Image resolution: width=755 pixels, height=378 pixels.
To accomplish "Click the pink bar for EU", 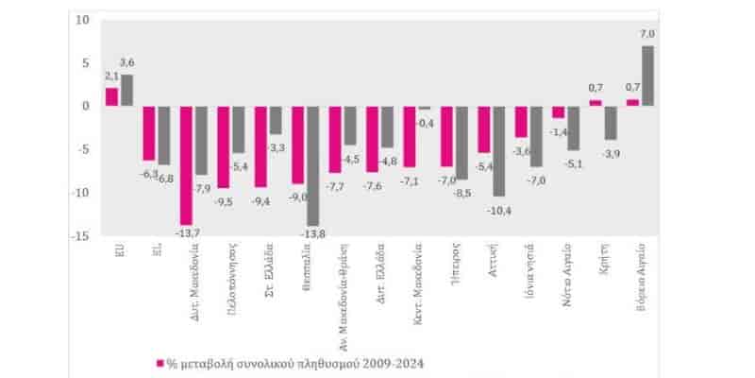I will [111, 96].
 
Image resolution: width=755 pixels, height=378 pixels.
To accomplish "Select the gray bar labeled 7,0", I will [647, 77].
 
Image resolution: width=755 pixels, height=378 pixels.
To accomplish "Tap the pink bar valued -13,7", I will [186, 164].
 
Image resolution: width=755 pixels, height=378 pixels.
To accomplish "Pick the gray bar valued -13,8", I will [312, 165].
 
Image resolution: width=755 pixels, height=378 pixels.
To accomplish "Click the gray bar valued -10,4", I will [498, 150].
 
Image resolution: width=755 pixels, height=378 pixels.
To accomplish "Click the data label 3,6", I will [126, 62].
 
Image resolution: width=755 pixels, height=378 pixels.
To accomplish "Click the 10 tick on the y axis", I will [83, 20].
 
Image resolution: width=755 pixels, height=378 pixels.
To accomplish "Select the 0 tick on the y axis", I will [86, 106].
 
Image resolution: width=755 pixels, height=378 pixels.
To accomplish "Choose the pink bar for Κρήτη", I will [595, 103].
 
